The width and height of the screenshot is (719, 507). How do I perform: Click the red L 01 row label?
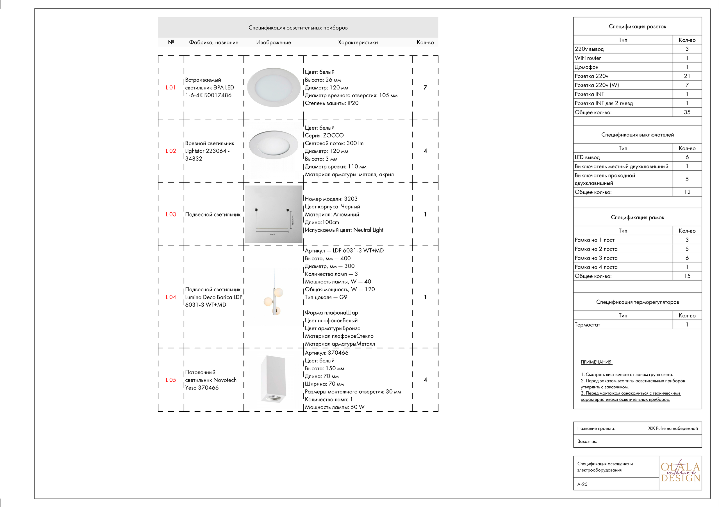pos(171,87)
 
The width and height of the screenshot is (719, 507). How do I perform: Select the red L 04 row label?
pos(171,297)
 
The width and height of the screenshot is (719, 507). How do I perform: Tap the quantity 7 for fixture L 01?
pos(425,87)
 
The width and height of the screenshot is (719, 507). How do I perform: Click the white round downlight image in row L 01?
pos(274,87)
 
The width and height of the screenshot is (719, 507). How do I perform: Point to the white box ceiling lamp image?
pos(273,379)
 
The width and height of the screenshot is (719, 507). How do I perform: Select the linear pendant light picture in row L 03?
pos(273,214)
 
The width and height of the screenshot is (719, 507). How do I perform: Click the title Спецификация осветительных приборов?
pos(298,28)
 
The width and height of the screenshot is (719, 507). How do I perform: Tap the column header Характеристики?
pos(358,42)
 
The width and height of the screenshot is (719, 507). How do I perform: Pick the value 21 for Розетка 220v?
pos(687,76)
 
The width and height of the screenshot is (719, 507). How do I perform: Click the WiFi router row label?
pos(588,58)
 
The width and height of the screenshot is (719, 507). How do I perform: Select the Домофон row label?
pos(586,67)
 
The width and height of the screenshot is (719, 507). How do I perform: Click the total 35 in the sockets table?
pos(687,112)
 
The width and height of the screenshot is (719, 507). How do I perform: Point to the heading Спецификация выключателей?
pos(637,135)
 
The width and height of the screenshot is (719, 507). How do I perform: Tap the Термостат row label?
pos(587,325)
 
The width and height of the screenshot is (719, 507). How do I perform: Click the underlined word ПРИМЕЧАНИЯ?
pos(596,362)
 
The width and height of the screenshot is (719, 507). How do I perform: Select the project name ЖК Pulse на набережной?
pos(673,428)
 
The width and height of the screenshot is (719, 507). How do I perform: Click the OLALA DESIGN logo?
pos(680,472)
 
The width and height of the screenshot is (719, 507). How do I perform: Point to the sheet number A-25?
pos(582,484)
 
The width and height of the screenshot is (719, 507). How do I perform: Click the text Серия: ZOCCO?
pos(324,136)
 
